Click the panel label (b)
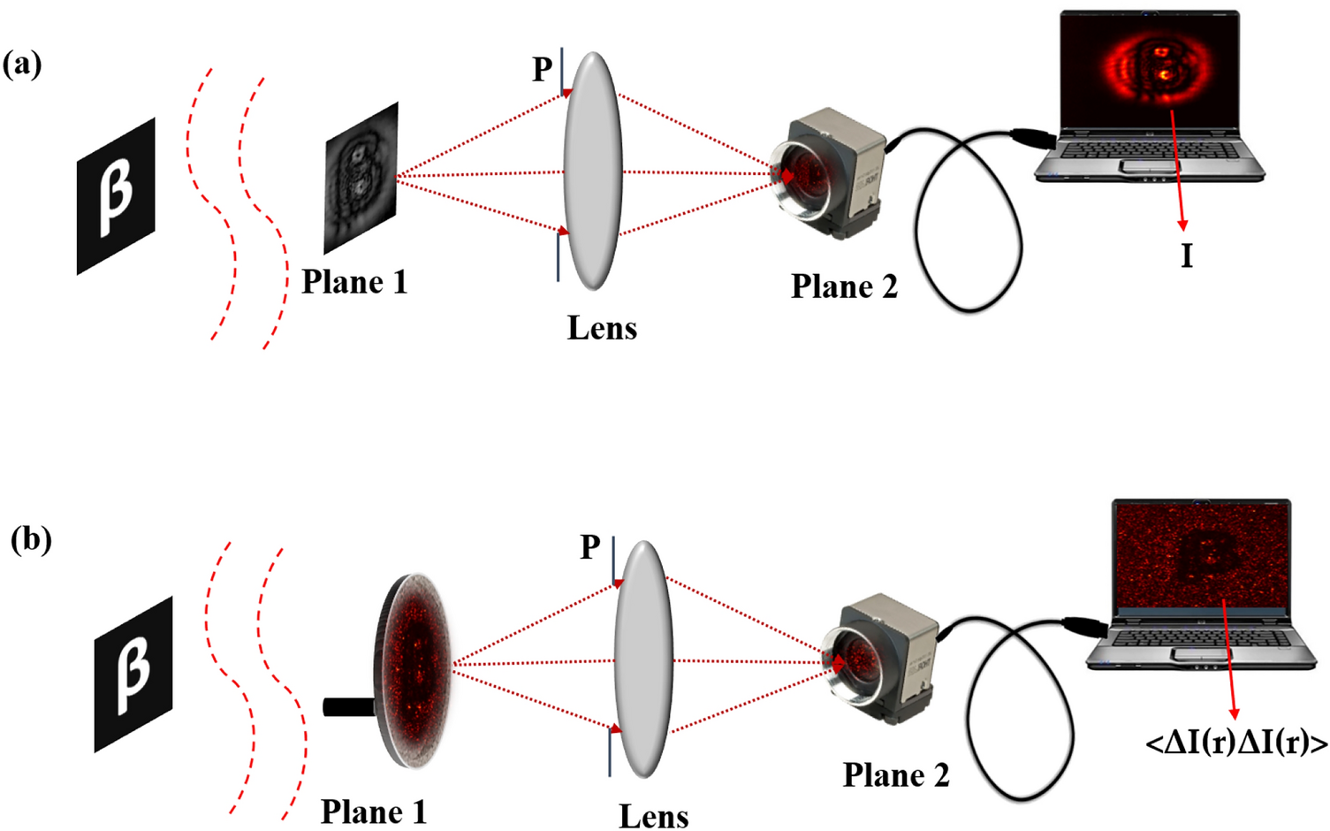[31, 539]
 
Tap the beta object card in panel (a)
[116, 195]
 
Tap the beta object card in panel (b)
[133, 674]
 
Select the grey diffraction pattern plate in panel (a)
[361, 178]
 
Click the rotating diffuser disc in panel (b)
[414, 670]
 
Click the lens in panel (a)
[593, 171]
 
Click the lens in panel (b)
[643, 659]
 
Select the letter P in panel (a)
[542, 69]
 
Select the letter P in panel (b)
[589, 547]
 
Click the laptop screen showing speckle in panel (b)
[1202, 555]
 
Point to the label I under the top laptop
[1187, 256]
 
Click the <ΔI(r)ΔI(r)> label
[1235, 744]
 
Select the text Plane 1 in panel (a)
[354, 282]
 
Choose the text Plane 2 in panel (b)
[895, 775]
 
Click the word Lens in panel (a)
[602, 328]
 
